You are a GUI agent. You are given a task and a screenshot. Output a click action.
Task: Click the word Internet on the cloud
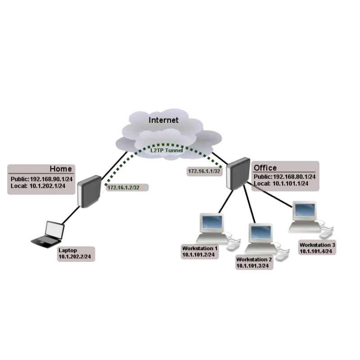point(164,120)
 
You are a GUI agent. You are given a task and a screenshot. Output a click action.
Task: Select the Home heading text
point(60,169)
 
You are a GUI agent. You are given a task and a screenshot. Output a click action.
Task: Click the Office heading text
point(265,168)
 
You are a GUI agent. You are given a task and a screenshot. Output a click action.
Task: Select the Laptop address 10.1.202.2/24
point(77,256)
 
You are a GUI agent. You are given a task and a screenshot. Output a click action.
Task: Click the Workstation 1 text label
point(200,248)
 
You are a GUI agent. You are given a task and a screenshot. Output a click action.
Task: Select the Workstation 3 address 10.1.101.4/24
point(317,251)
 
